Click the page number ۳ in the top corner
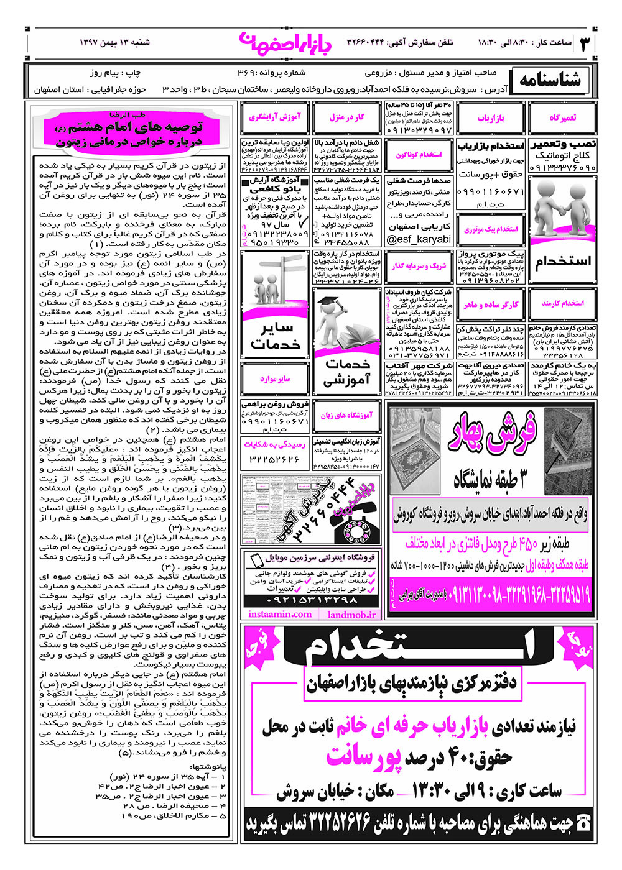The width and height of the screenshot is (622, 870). pos(585,44)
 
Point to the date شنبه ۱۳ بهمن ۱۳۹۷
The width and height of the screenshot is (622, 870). pos(115,43)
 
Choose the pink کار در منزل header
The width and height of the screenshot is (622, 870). pos(347,117)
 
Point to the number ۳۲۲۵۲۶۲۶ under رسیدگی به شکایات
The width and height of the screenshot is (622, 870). pos(274,459)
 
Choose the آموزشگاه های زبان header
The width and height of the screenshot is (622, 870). pos(347,414)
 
